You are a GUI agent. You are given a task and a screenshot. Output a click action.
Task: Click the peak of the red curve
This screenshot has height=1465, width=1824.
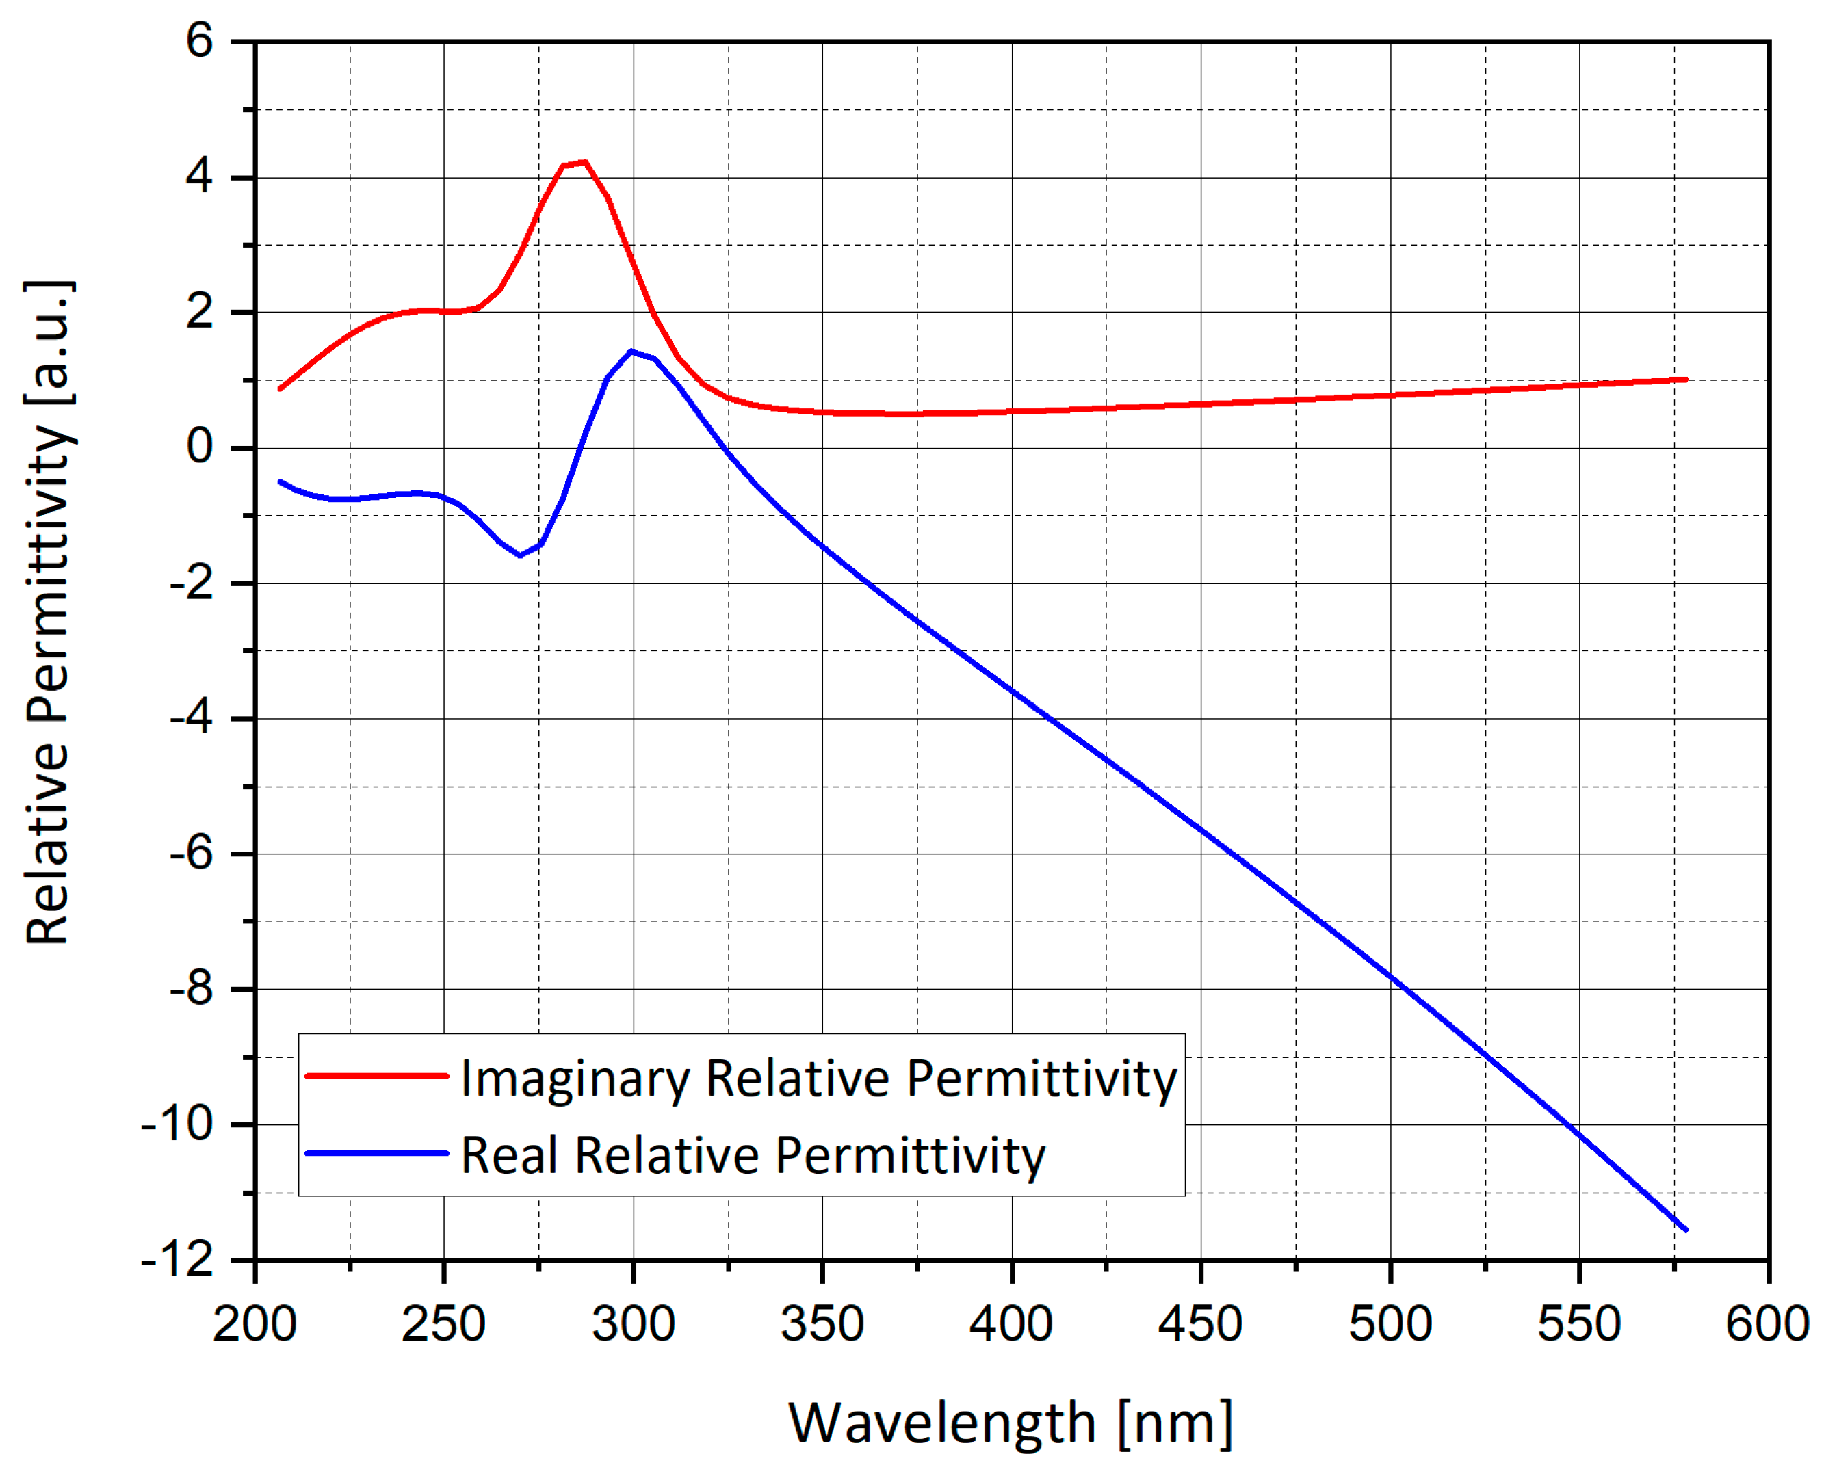[583, 161]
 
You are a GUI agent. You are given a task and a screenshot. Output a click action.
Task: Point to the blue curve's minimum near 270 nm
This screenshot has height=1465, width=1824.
[519, 555]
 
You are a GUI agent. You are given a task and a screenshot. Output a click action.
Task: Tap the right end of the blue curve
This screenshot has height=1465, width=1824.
[1686, 1230]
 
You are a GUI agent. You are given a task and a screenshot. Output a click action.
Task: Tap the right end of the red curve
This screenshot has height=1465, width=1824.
[1686, 379]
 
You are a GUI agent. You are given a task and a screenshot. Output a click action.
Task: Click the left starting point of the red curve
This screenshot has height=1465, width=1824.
[280, 388]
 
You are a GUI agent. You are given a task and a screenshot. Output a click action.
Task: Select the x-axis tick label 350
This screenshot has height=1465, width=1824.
[822, 1323]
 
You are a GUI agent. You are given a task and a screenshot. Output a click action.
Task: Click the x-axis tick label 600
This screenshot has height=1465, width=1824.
[1767, 1323]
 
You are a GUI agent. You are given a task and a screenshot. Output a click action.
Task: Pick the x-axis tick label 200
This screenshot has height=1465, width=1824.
[255, 1323]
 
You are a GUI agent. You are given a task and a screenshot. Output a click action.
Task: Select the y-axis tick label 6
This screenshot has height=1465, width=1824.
[200, 40]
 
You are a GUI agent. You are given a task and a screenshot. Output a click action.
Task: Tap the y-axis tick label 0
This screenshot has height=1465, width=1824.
[200, 447]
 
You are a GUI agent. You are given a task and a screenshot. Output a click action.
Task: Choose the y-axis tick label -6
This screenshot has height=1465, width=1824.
[191, 854]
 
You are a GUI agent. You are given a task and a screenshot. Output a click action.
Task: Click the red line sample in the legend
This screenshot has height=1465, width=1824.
[376, 1076]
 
